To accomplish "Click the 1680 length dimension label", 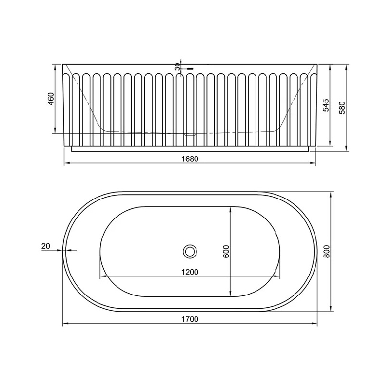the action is coord(190,159).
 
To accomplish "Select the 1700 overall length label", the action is coord(190,319).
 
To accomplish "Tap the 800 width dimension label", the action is coord(326,251).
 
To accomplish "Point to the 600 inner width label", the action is coord(226,251).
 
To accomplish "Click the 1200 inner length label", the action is coord(190,272).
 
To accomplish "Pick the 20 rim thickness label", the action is coord(46,246).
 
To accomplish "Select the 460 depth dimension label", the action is coord(51,99).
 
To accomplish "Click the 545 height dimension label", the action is coord(326,106).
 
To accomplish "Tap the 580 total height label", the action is coord(342,108).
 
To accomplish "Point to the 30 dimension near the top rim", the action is coord(178,67).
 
